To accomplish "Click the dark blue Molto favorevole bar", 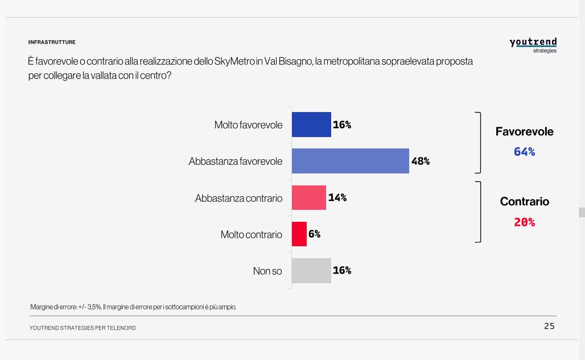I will coord(311,125).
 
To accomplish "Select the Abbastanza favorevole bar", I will coord(350,161).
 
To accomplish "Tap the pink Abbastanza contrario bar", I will coord(308,197).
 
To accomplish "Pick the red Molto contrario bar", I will coord(299,234).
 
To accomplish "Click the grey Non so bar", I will coord(311,270).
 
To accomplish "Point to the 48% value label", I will coord(420,161).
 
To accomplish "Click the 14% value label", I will coord(337,197).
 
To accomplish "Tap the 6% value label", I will coord(315,234).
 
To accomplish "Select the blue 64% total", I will coord(524,152).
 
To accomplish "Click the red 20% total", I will coord(524,222).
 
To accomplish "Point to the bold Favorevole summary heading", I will coord(524,131).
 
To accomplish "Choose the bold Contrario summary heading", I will coord(524,201).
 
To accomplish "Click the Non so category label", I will coord(267,271).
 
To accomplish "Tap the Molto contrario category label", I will coord(251,234).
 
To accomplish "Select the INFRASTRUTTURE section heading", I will coord(52,42).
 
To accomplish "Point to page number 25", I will coord(549,326).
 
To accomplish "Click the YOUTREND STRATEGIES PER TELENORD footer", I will coord(83,328).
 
